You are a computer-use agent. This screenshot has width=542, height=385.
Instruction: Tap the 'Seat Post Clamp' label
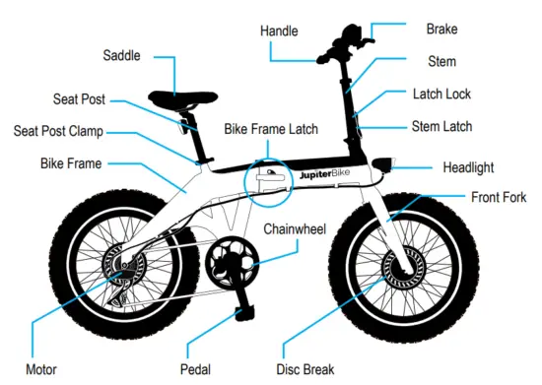pos(71,131)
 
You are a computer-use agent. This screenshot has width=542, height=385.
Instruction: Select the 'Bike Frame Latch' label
pos(270,129)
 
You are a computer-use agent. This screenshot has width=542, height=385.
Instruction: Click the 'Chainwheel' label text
pos(303,229)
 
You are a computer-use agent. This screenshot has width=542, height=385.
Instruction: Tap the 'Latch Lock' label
pos(441,95)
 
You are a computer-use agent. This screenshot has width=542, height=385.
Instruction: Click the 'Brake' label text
pos(440,31)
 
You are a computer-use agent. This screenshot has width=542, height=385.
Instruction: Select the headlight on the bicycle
pos(382,167)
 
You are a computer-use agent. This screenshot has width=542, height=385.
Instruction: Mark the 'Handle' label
pos(280,31)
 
